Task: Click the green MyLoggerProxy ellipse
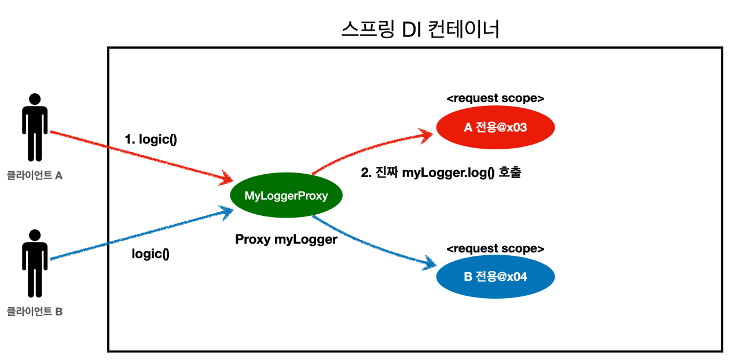pyautogui.click(x=286, y=195)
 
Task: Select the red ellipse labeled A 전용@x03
pyautogui.click(x=495, y=127)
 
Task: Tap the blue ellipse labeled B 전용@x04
pyautogui.click(x=495, y=277)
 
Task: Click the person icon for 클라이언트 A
pyautogui.click(x=35, y=127)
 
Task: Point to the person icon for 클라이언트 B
pyautogui.click(x=35, y=263)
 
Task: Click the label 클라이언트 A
pyautogui.click(x=35, y=175)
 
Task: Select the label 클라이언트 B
pyautogui.click(x=35, y=311)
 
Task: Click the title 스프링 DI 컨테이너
pyautogui.click(x=420, y=29)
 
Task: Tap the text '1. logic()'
pyautogui.click(x=151, y=139)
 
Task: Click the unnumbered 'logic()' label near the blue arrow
pyautogui.click(x=151, y=254)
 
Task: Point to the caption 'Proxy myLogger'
pyautogui.click(x=286, y=239)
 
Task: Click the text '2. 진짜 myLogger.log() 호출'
pyautogui.click(x=441, y=172)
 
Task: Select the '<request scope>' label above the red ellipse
pyautogui.click(x=495, y=98)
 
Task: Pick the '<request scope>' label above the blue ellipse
pyautogui.click(x=495, y=248)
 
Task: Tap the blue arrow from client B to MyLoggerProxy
pyautogui.click(x=142, y=234)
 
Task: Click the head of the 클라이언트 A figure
pyautogui.click(x=35, y=99)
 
